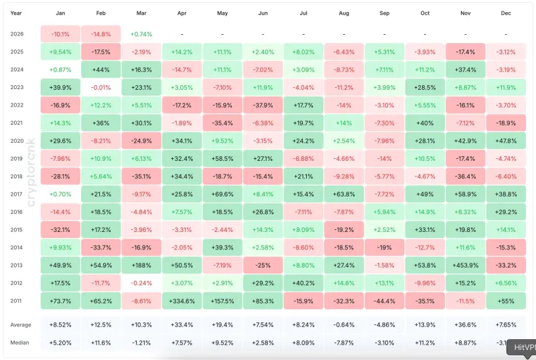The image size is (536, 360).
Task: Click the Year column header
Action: point(16,13)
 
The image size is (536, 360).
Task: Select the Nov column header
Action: point(466,13)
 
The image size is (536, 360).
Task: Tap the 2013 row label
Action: point(17,264)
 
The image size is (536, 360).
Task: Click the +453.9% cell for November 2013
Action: point(466,264)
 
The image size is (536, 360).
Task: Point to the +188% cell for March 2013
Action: point(141,264)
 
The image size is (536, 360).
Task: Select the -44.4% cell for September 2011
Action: point(385,300)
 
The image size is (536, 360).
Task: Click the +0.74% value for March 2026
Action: point(141,34)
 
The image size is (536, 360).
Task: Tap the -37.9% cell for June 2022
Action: point(263,105)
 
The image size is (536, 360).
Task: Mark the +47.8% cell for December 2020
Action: point(506,140)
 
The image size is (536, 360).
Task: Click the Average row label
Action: point(21,325)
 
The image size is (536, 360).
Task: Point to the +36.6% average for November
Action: point(466,325)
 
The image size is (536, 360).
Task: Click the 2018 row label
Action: point(17,176)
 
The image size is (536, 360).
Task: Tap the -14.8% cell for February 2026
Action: point(101,34)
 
